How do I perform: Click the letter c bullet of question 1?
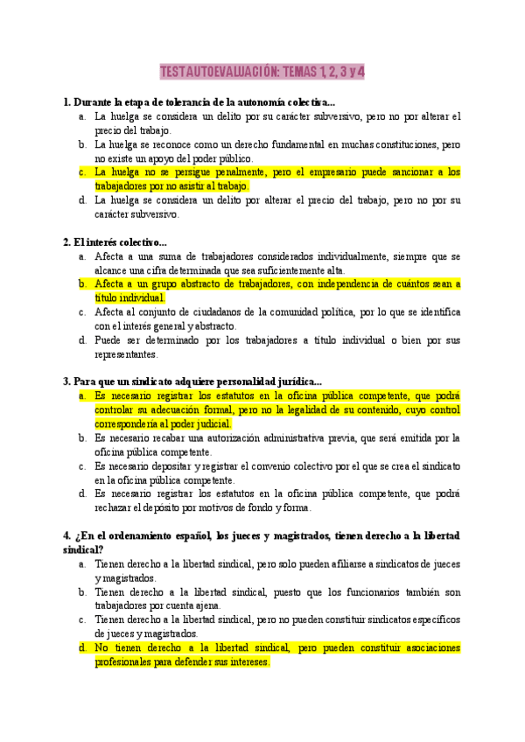(80, 172)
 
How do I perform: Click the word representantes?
(126, 354)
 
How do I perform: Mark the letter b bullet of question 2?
(80, 284)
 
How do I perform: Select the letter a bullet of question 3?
(80, 395)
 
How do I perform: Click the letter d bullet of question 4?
(80, 648)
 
